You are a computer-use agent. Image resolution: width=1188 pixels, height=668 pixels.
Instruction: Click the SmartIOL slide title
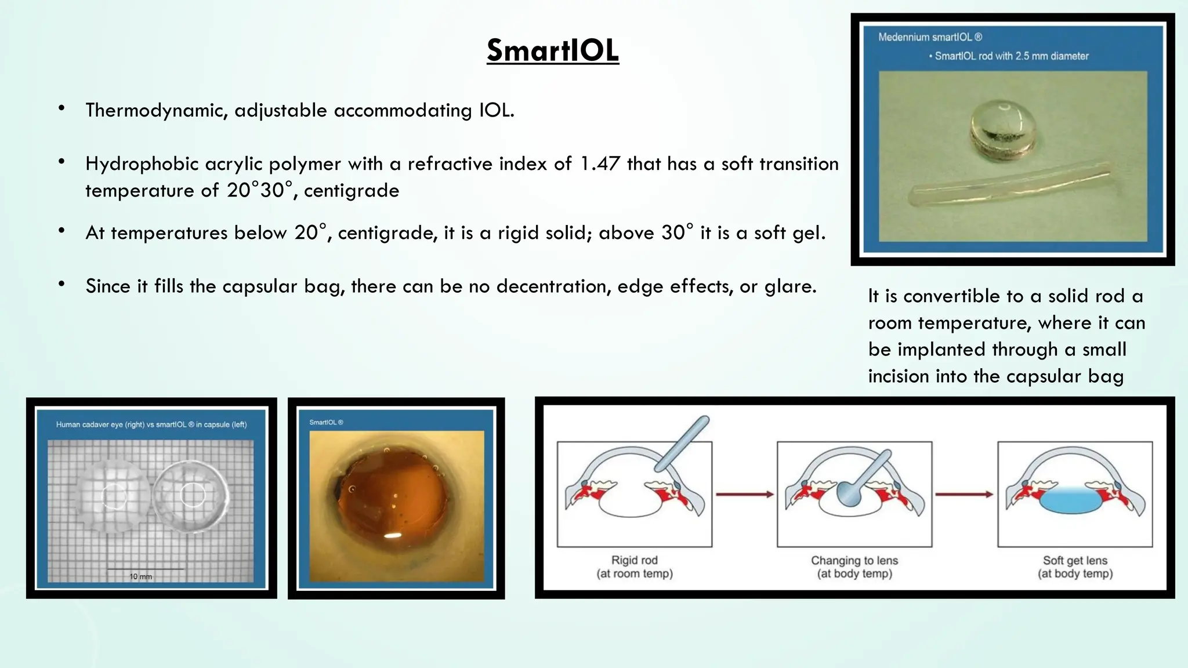[x=552, y=50]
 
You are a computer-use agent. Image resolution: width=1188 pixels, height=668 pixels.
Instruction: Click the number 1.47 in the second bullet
[x=600, y=164]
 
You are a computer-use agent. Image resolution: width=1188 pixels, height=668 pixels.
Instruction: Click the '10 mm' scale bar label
[x=140, y=576]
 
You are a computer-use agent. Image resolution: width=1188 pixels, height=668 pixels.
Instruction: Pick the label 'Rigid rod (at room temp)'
[x=634, y=567]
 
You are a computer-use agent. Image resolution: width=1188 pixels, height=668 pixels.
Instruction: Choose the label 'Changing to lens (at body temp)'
[x=854, y=567]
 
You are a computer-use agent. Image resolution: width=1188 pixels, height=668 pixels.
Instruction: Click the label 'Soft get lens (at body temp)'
[x=1074, y=567]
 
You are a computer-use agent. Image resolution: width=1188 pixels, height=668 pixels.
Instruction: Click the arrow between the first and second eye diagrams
[x=744, y=495]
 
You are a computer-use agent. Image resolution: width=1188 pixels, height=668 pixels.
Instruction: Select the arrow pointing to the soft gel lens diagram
[x=964, y=495]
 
